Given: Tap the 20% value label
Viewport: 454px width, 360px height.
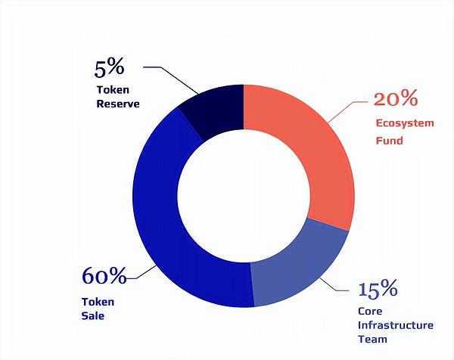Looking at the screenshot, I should (x=396, y=99).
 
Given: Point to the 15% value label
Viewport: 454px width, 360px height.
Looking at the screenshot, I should (x=377, y=289).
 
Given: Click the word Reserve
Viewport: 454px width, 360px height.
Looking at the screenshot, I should (x=118, y=104).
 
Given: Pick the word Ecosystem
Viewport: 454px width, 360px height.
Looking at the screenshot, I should (x=405, y=123).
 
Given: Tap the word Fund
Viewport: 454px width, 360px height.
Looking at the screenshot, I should (x=390, y=141).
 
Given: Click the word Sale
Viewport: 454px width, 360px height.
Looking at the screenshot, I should (x=93, y=316).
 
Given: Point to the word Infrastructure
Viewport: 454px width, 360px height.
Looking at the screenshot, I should (x=394, y=325).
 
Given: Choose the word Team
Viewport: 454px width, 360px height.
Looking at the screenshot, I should (x=372, y=340).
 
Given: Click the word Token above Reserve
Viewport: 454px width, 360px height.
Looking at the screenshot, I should (x=113, y=89).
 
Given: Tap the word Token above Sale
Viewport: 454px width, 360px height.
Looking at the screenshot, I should (x=98, y=302).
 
